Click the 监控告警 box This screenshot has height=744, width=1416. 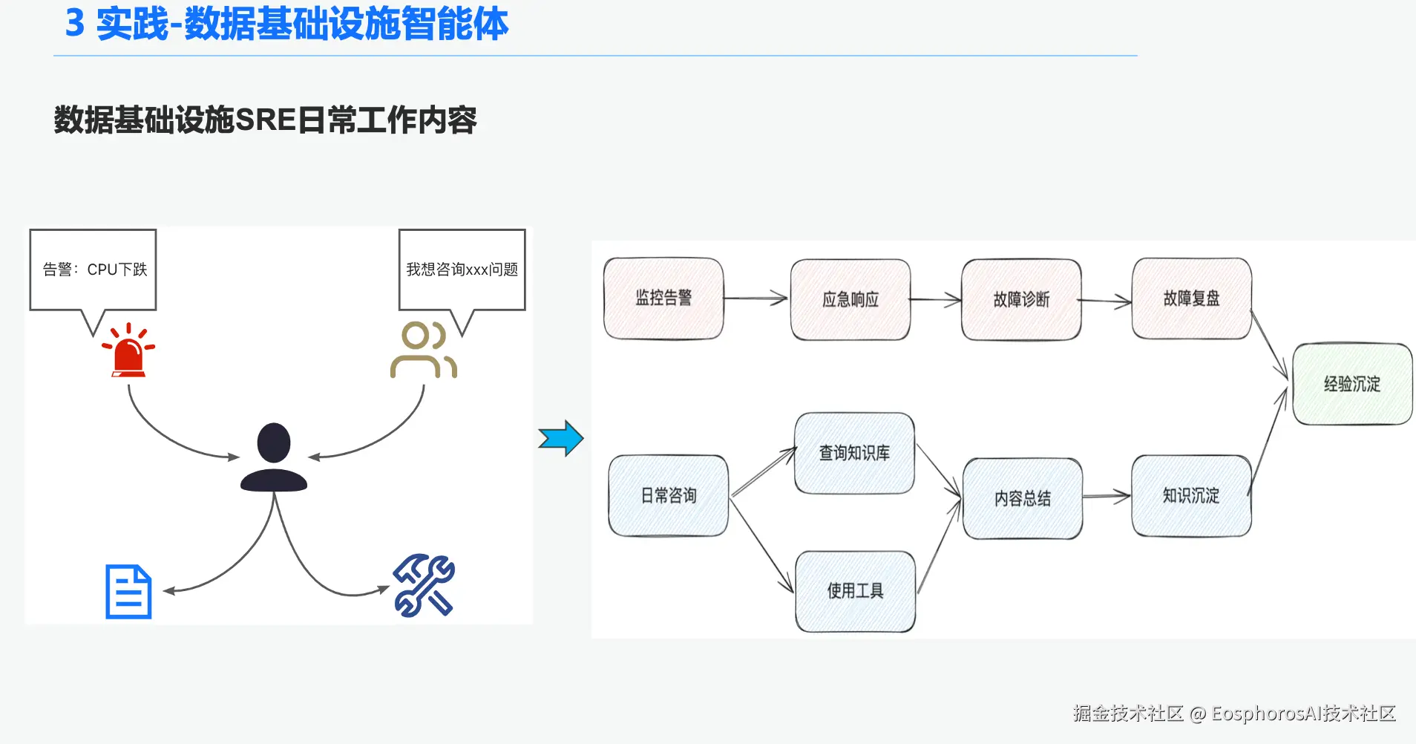[x=663, y=298]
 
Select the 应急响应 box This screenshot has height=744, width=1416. [x=850, y=299]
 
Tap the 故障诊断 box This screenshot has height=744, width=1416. [x=1021, y=299]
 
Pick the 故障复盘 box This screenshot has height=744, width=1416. [x=1191, y=298]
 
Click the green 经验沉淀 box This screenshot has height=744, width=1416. [x=1352, y=384]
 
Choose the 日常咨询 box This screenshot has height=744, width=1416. [x=668, y=495]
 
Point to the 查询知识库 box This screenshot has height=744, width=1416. [x=854, y=453]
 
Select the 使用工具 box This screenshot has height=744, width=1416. [x=855, y=591]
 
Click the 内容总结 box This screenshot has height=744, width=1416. [x=1023, y=498]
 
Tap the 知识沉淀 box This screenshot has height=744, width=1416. [x=1191, y=495]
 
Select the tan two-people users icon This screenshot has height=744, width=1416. [x=423, y=350]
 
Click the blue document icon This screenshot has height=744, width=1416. [x=128, y=592]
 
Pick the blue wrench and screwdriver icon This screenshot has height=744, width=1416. [x=424, y=585]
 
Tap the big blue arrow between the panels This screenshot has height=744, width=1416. [x=561, y=438]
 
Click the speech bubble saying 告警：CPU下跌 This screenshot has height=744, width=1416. [x=94, y=270]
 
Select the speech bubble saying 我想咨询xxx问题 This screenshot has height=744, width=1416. [x=462, y=270]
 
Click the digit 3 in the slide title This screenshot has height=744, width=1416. [x=74, y=23]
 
